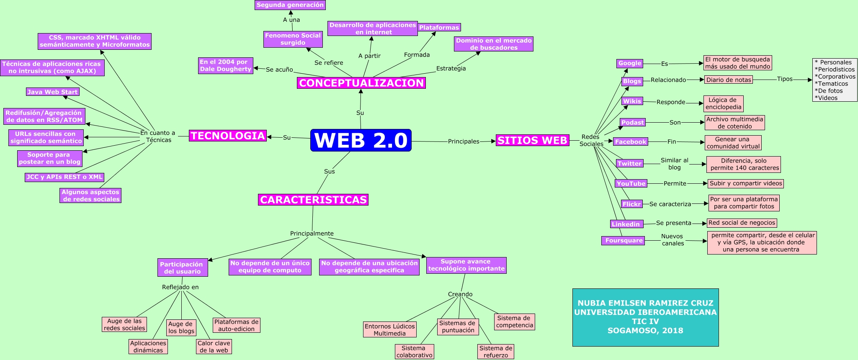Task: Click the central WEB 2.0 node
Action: [361, 140]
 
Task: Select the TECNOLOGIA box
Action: [228, 136]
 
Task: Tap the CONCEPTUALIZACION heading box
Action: [361, 83]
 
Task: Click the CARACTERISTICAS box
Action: [313, 200]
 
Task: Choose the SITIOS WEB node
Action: [532, 140]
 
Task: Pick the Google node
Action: [629, 63]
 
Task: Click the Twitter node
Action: [629, 164]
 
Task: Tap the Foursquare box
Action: [624, 240]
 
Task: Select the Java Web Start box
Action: [52, 92]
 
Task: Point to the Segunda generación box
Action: [290, 5]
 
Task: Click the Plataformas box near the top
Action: [439, 27]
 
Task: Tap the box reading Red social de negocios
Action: [742, 223]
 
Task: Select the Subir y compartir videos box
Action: [745, 183]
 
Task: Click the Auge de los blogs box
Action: [181, 327]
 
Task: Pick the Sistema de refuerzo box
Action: [496, 352]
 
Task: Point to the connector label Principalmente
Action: [312, 234]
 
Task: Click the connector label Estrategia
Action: [451, 68]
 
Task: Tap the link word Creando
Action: [460, 294]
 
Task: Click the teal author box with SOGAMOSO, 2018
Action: [645, 317]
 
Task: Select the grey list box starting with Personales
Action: [835, 80]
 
